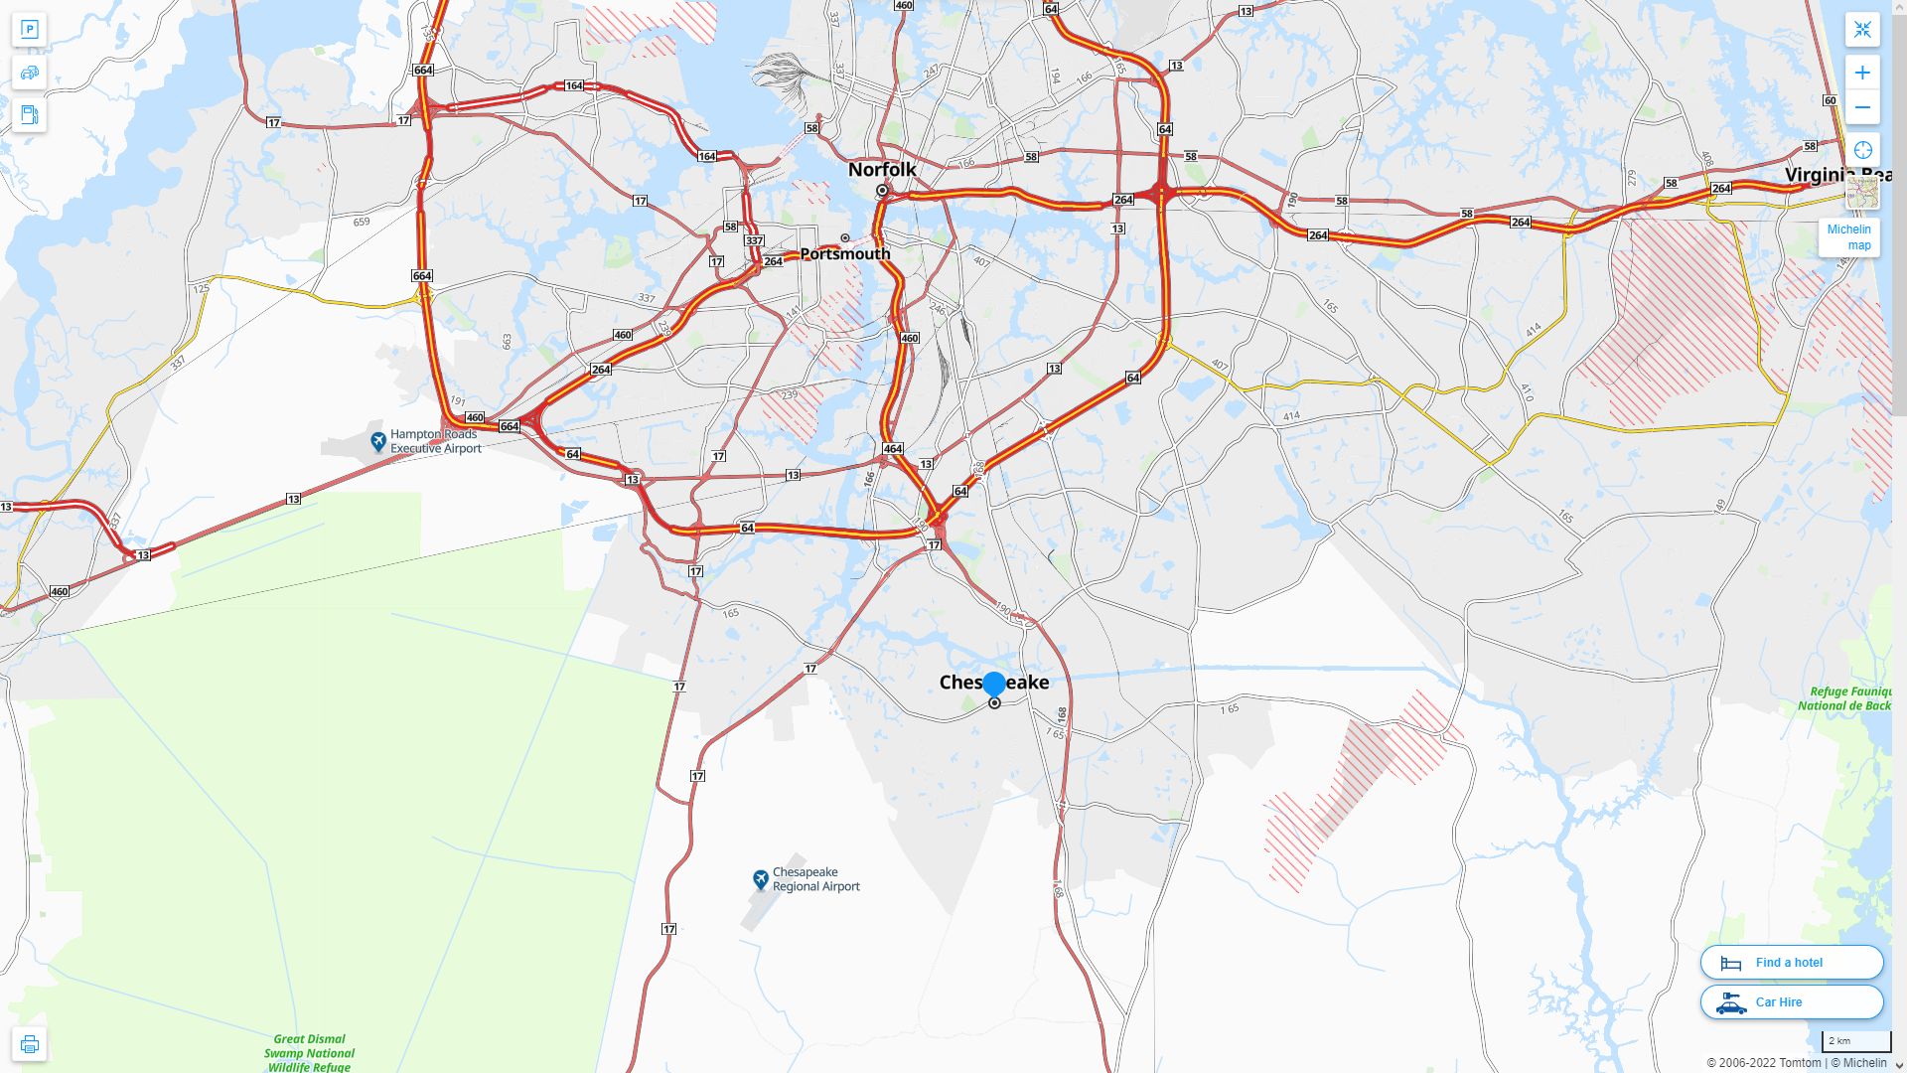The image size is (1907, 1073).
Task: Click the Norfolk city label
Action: coord(882,170)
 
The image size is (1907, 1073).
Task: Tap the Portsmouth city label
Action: coord(844,254)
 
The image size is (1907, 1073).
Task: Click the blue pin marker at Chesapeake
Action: coord(993,685)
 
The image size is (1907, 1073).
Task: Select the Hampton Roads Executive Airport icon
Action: coord(377,441)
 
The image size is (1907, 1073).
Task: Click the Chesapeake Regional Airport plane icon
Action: coord(761,879)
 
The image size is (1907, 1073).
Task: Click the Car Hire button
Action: coord(1791,1002)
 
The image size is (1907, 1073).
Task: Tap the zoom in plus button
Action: coord(1862,73)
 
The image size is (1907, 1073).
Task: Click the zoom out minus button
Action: coord(1862,107)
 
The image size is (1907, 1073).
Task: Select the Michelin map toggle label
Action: coord(1848,237)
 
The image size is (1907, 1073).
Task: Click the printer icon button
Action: coord(30,1044)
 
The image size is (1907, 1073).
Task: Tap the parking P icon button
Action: coord(30,30)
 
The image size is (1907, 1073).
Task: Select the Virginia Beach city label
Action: coord(1836,175)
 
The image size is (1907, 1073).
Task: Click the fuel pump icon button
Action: coord(30,114)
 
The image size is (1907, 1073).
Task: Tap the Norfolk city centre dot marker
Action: coord(882,191)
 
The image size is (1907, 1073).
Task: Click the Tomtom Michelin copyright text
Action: coord(1796,1063)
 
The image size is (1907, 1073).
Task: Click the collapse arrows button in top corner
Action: coord(1862,30)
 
